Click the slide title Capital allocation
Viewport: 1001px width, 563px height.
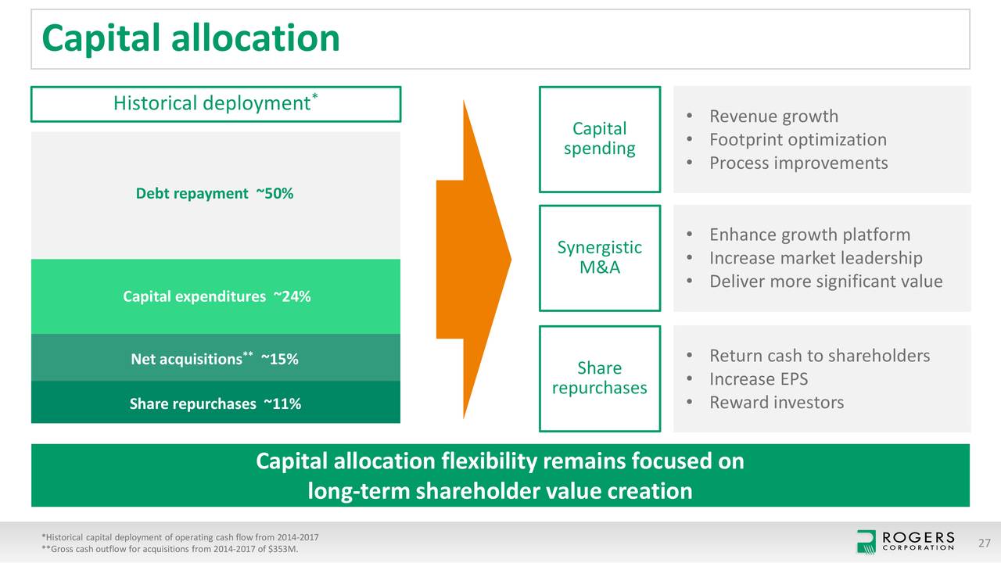coord(191,38)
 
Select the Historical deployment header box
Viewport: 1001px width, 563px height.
coord(216,104)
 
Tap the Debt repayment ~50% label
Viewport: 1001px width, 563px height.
coord(215,194)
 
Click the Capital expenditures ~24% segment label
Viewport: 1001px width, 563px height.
coord(216,296)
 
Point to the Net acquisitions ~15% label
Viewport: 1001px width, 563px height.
coord(215,359)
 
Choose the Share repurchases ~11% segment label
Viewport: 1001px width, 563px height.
coord(215,403)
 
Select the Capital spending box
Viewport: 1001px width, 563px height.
coord(600,139)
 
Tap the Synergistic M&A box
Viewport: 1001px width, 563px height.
coord(600,257)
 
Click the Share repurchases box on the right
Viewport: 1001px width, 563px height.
coord(600,378)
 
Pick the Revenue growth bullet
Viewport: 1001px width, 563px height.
coord(773,117)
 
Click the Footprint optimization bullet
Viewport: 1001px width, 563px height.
coord(797,140)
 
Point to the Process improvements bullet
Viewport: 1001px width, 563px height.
coord(798,163)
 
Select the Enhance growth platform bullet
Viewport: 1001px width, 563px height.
coord(809,235)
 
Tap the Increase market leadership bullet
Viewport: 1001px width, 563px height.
coord(815,258)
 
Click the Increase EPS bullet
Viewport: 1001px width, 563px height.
coord(758,379)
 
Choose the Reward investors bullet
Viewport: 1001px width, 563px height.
coord(776,403)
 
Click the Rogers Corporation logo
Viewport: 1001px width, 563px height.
coord(906,541)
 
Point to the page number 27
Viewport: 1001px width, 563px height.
coord(984,543)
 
